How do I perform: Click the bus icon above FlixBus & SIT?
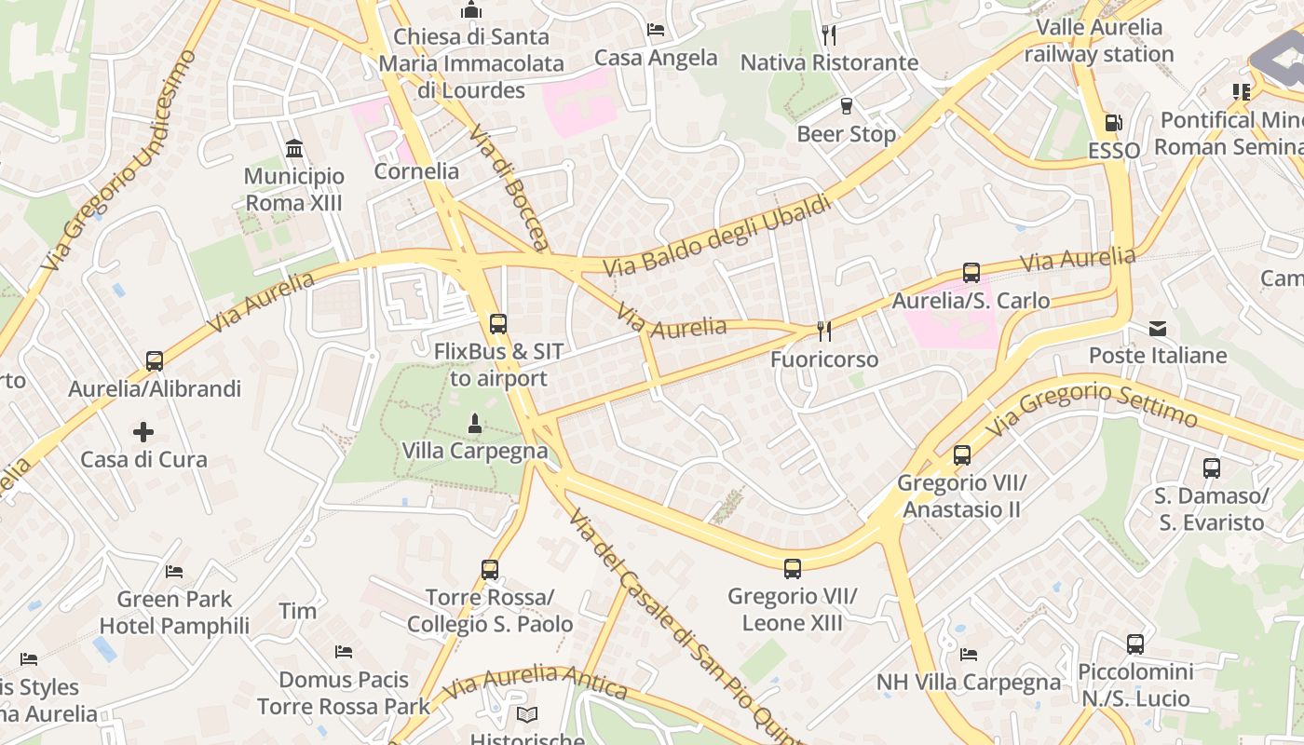click(x=498, y=324)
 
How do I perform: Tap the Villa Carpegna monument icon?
click(x=475, y=424)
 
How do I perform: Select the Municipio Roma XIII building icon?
click(x=294, y=148)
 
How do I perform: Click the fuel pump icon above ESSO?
click(x=1113, y=122)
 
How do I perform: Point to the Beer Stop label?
click(x=846, y=134)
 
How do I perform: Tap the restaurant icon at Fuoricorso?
click(x=823, y=331)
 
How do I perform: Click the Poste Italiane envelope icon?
click(x=1158, y=328)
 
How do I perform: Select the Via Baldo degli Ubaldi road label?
click(x=716, y=235)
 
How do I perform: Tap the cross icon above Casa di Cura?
click(x=143, y=431)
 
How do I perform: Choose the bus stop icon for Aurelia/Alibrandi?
click(x=155, y=360)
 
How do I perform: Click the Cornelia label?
click(x=416, y=171)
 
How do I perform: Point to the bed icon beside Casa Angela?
click(x=656, y=30)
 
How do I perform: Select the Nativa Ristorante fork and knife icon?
click(x=829, y=35)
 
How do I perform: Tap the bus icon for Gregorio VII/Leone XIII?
click(x=793, y=568)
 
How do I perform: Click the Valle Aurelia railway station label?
click(x=1099, y=40)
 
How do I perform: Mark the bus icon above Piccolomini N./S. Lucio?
click(x=1134, y=643)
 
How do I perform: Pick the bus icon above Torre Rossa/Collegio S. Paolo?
click(x=490, y=569)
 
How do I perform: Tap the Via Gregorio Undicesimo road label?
click(x=120, y=160)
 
